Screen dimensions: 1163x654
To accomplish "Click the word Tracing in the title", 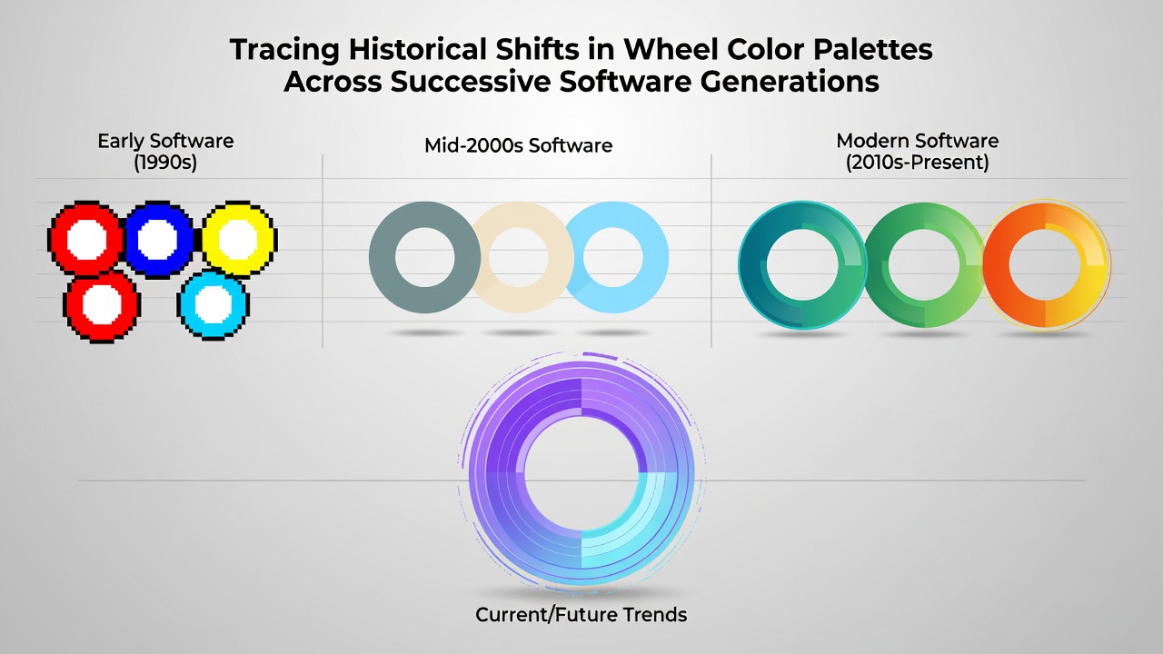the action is pos(284,51).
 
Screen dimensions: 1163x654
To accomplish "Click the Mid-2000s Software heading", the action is pos(518,145).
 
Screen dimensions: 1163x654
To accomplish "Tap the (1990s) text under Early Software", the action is pos(165,163).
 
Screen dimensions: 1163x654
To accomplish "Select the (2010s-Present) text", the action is pos(917,163).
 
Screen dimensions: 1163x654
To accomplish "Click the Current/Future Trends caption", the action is pos(581,615).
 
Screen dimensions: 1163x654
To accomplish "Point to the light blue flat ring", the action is pos(654,257).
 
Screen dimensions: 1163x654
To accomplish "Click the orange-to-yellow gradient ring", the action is pos(1096,264).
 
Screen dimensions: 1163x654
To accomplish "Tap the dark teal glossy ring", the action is pos(751,264).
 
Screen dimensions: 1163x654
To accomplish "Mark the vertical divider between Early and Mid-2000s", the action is pos(323,250).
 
